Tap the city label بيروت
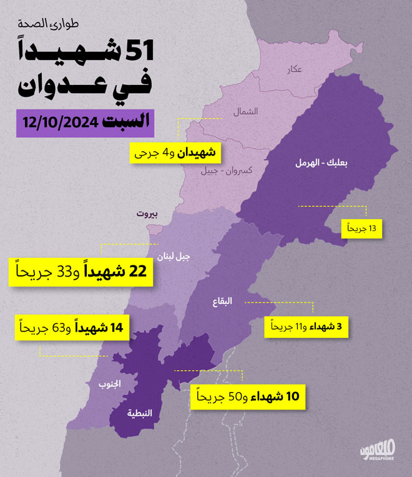click(148, 214)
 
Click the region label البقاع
click(222, 301)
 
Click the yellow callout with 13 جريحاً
click(361, 229)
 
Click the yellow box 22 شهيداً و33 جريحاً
click(82, 272)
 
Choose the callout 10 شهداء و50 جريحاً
click(248, 396)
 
